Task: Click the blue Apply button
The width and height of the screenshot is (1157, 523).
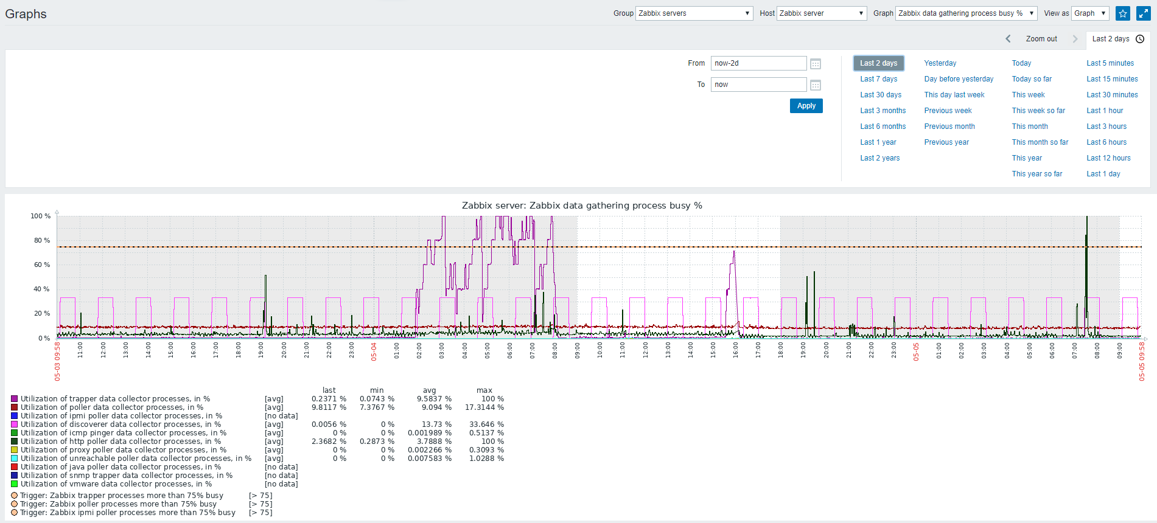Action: click(x=806, y=106)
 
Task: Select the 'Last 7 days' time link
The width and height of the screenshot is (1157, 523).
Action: click(x=878, y=79)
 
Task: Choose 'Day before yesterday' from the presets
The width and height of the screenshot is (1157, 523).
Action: click(x=959, y=79)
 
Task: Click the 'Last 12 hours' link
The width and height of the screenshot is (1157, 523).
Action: click(x=1108, y=158)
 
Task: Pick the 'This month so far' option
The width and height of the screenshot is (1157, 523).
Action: click(x=1040, y=142)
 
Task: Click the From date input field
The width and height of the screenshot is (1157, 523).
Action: click(x=758, y=63)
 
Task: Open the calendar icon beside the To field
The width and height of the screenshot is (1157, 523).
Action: click(x=816, y=85)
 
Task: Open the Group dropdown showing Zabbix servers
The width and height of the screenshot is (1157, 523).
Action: click(x=694, y=13)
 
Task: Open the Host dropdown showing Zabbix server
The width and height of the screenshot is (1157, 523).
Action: click(x=822, y=13)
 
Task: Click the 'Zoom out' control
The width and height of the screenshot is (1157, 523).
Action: click(x=1041, y=39)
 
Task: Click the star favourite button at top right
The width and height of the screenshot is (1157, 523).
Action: click(x=1123, y=13)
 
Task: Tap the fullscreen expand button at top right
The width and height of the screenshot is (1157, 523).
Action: click(x=1143, y=13)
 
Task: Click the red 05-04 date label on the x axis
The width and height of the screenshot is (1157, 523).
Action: click(x=374, y=352)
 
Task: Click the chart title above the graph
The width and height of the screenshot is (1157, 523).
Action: click(x=582, y=206)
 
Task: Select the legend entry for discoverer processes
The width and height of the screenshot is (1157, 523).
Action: click(x=121, y=424)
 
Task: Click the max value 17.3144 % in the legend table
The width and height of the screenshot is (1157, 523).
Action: click(x=484, y=407)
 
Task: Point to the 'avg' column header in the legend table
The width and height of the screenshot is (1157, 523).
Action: click(x=430, y=390)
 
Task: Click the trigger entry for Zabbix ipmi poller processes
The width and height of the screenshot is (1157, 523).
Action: click(x=127, y=513)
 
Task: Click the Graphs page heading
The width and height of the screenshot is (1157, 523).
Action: click(x=26, y=14)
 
